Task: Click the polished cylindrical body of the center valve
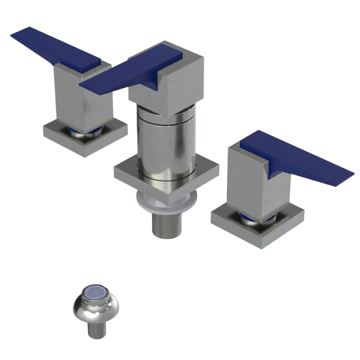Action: (166, 144)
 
